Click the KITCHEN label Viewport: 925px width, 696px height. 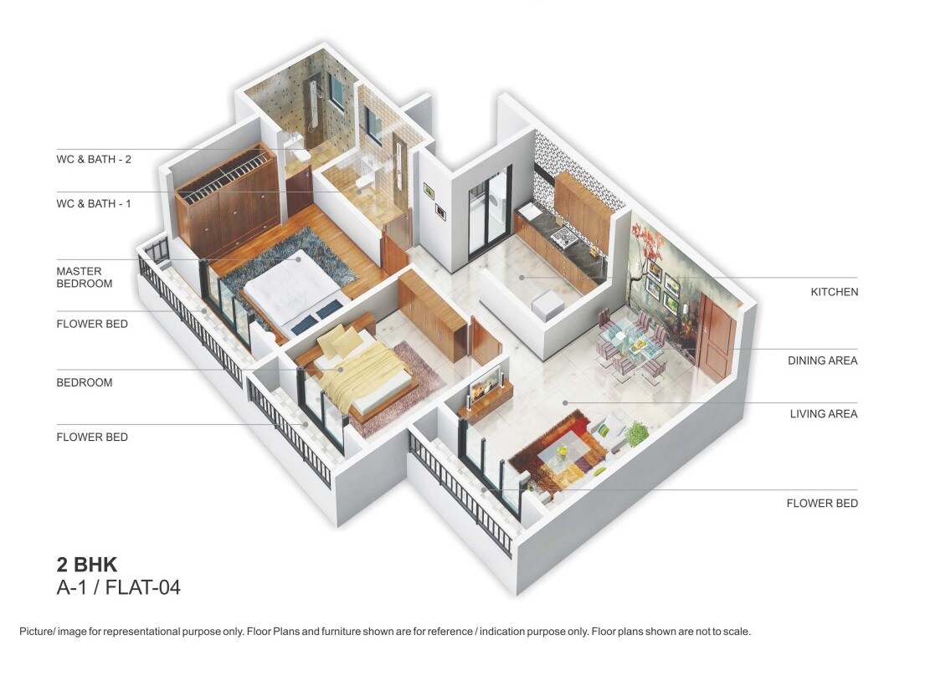834,292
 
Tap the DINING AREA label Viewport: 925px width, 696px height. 822,361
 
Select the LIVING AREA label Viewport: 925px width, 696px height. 824,413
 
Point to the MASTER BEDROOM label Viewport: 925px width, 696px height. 84,277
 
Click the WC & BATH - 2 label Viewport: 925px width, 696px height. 94,159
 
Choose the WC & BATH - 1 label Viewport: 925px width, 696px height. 94,203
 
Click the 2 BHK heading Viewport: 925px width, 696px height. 87,564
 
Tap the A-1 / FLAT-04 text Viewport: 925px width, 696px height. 118,587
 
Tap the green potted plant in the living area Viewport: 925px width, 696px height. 636,432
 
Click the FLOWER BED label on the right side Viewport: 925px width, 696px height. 822,503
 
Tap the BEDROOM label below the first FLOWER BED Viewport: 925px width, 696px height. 84,382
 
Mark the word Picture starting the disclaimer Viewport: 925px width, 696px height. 36,632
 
